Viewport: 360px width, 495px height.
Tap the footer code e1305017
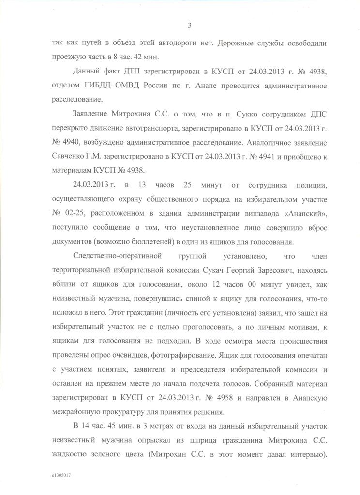(x=61, y=476)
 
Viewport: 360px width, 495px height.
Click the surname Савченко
(x=69, y=157)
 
